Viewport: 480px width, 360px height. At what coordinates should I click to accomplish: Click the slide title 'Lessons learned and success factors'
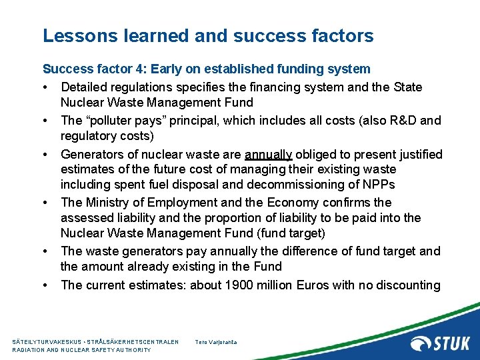[x=208, y=36]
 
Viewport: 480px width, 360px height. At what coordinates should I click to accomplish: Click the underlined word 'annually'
[x=268, y=155]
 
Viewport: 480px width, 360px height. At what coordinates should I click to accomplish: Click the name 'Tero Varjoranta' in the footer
[x=216, y=342]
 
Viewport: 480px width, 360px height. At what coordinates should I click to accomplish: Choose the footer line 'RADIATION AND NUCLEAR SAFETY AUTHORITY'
[x=82, y=350]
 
